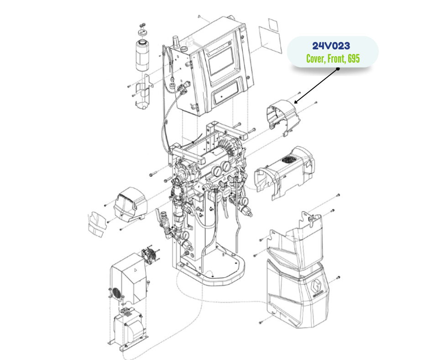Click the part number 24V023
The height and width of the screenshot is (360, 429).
[x=331, y=46]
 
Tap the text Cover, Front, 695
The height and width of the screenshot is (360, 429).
[x=333, y=58]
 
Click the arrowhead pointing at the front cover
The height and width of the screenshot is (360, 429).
[x=296, y=102]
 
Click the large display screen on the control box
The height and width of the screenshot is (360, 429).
[x=221, y=61]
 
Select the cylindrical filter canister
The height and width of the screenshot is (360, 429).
[x=143, y=56]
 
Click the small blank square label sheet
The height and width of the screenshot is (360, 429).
[x=273, y=25]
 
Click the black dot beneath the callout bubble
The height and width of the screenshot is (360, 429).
[x=338, y=69]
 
